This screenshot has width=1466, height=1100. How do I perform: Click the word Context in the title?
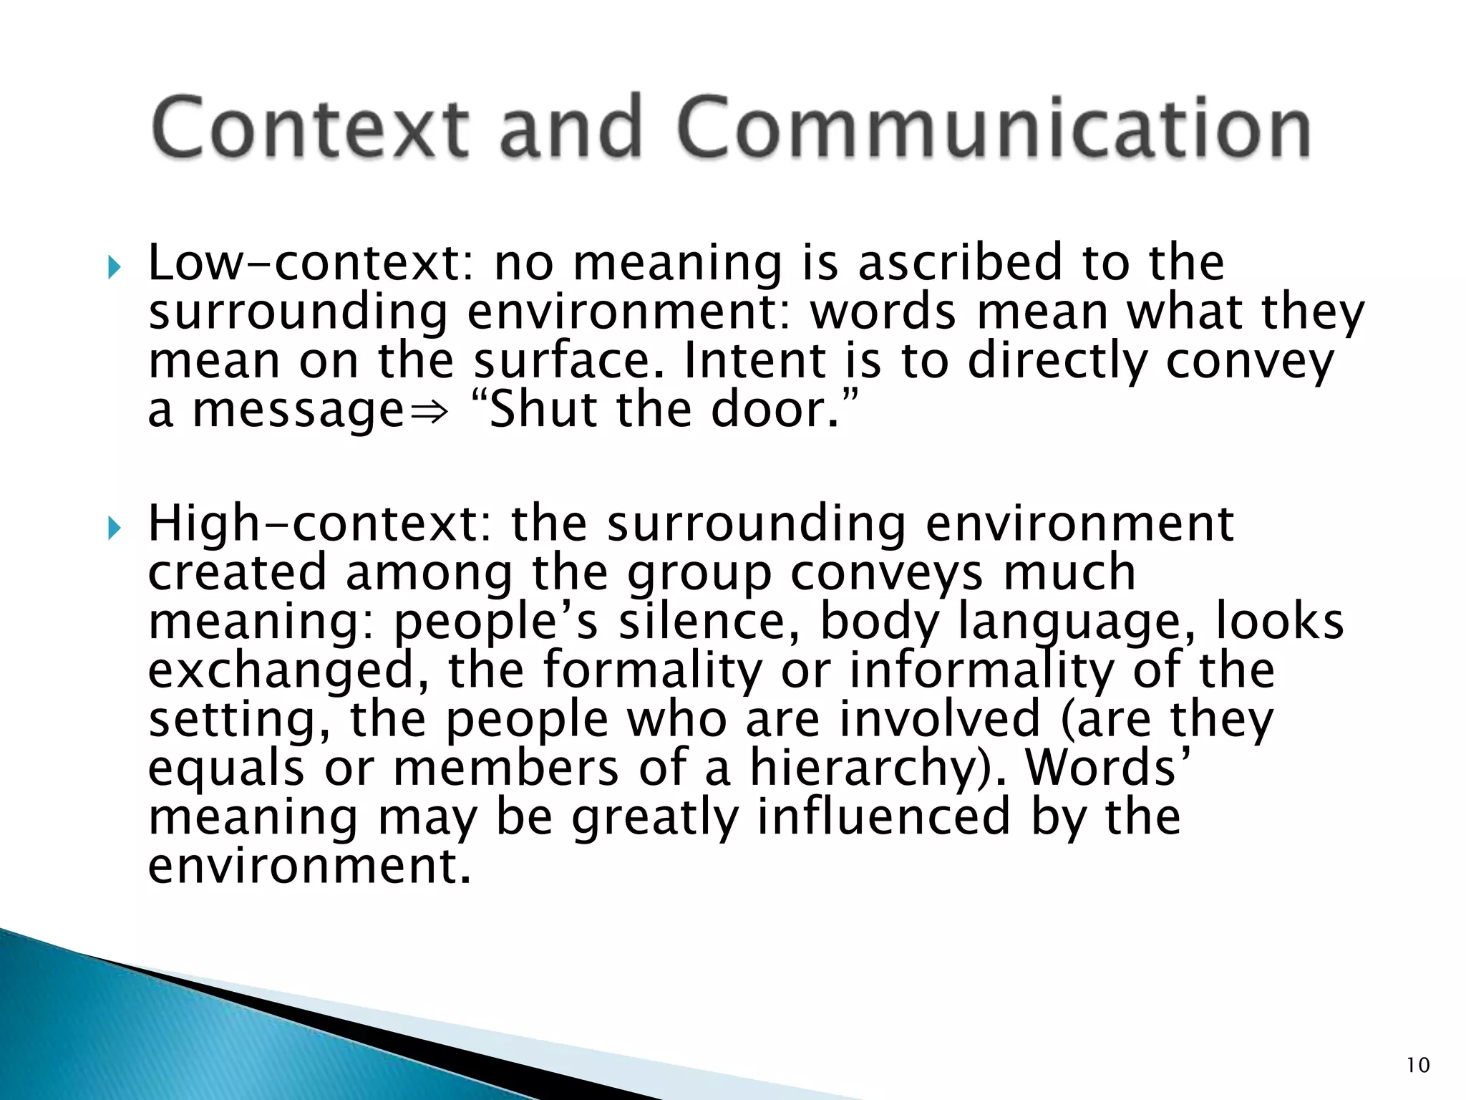point(311,127)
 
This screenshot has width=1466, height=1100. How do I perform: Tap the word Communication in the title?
point(994,127)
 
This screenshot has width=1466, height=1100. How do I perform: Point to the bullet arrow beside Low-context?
point(114,269)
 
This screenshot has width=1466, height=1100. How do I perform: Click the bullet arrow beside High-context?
point(114,529)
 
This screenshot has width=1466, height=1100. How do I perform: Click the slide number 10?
point(1418,1066)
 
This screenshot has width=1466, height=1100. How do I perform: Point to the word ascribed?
point(959,263)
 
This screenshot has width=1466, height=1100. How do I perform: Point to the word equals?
point(226,768)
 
